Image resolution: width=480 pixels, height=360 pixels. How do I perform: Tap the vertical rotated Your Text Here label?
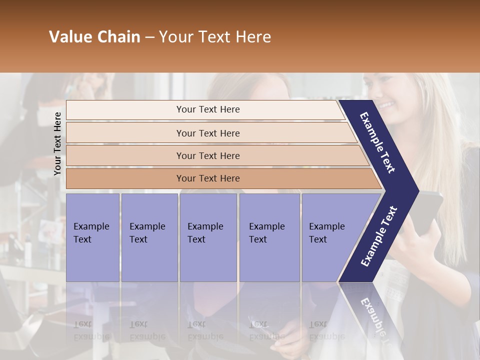57,143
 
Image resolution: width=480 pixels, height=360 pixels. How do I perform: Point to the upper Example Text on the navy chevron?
378,142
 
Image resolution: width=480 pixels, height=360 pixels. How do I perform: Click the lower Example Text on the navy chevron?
379,236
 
